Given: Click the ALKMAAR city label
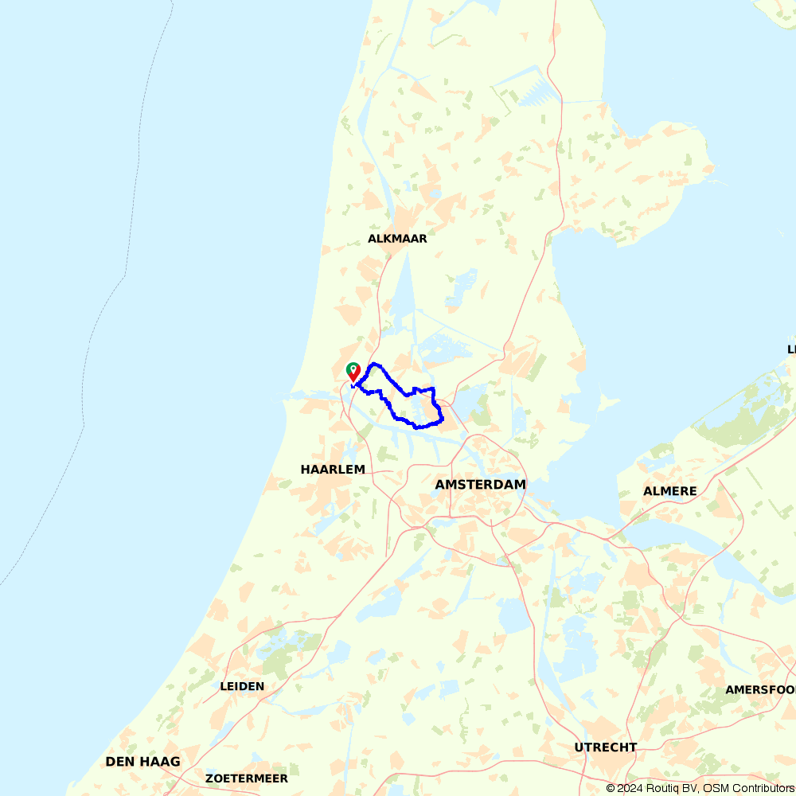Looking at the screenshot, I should [x=397, y=239].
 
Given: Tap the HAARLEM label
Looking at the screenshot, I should [x=333, y=470].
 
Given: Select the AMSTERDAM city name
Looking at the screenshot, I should [x=480, y=485].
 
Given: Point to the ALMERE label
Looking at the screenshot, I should [x=669, y=491].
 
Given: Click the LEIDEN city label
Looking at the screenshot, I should [x=242, y=686].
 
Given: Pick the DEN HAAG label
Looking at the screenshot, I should [x=142, y=762].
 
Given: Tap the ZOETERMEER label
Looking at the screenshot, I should [x=246, y=778].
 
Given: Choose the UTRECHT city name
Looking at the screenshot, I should [x=606, y=747].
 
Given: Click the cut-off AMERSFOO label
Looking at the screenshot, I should [x=760, y=690].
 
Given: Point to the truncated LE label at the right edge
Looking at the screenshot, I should [x=791, y=349].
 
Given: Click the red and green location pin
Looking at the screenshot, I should [x=353, y=372].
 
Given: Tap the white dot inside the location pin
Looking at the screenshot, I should [x=353, y=368].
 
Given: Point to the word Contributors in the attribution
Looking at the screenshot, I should [x=763, y=788].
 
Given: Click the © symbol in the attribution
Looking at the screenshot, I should [x=611, y=788].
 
